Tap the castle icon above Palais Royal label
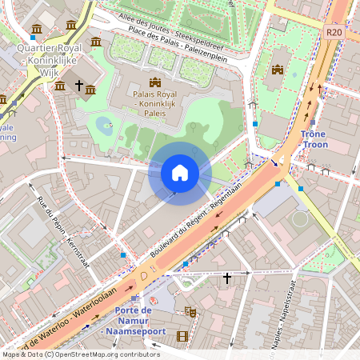(155, 82)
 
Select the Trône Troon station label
(314, 140)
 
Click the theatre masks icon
(190, 310)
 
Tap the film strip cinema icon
(182, 336)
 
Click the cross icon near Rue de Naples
(227, 278)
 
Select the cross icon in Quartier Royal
(79, 84)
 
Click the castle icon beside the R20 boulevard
(278, 70)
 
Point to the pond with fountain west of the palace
(103, 125)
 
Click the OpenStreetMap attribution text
(81, 354)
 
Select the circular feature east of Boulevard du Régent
(300, 219)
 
